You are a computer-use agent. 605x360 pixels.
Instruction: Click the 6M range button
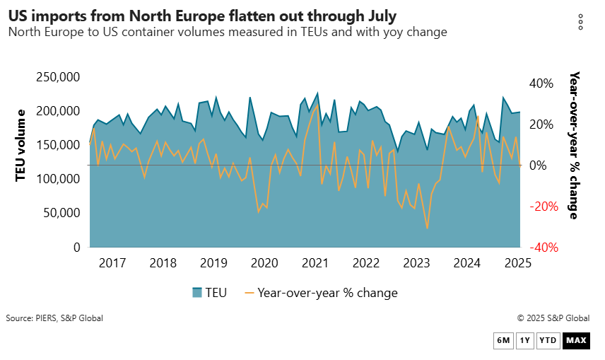point(503,341)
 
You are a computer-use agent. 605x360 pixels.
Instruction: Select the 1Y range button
point(524,341)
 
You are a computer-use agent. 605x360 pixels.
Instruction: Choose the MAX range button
point(576,341)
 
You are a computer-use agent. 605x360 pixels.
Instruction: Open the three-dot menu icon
point(580,22)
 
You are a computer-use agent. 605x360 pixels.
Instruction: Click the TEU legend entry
point(210,292)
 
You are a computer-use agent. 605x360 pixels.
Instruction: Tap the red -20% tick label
point(539,206)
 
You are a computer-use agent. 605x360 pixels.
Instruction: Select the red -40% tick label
point(539,247)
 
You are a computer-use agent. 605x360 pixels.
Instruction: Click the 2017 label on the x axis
point(112,263)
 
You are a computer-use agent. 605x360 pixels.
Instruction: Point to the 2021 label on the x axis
point(315,263)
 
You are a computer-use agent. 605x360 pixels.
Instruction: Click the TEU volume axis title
point(21,145)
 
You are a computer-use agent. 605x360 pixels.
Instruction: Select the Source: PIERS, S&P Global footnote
point(54,318)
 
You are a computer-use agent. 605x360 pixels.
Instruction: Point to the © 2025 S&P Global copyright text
point(553,318)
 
